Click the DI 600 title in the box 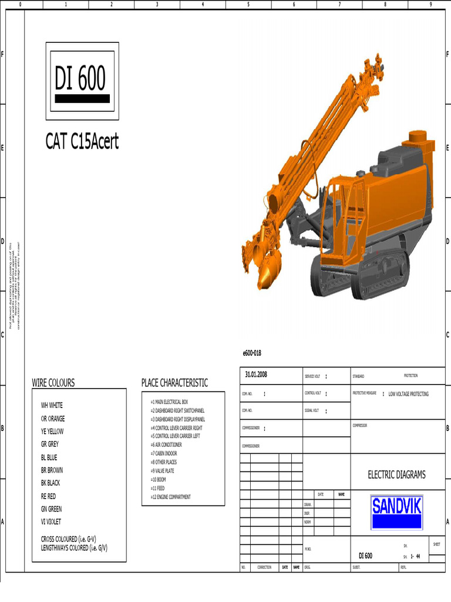(x=80, y=78)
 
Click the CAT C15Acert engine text (x=82, y=142)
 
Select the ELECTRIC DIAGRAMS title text (x=396, y=475)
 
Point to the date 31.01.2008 (x=256, y=374)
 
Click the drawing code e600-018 (x=251, y=353)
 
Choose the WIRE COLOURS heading (x=53, y=383)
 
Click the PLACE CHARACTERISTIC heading (x=174, y=383)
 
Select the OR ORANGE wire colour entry (x=53, y=419)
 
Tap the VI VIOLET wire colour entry (x=51, y=521)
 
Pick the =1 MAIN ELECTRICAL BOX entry (x=169, y=402)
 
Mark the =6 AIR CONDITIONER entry (x=166, y=445)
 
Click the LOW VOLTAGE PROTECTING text (x=408, y=394)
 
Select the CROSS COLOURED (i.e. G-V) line (x=72, y=539)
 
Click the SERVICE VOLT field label (x=312, y=376)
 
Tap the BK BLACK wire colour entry (x=51, y=483)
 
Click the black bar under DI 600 (x=82, y=99)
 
